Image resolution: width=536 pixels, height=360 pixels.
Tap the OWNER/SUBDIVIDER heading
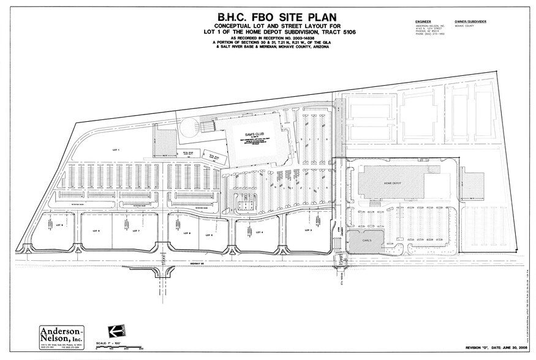coord(470,21)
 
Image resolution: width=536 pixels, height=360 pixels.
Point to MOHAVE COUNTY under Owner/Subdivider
coord(464,26)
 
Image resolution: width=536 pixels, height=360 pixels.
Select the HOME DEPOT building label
coord(393,182)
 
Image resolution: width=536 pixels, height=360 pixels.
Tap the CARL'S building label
coord(366,241)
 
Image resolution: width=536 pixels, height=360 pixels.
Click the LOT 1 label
coord(114,149)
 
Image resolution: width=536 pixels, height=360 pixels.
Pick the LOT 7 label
coord(137,231)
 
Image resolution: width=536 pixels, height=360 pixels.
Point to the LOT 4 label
coord(259,231)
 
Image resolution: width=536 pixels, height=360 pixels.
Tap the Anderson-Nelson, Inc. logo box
coord(61,335)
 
